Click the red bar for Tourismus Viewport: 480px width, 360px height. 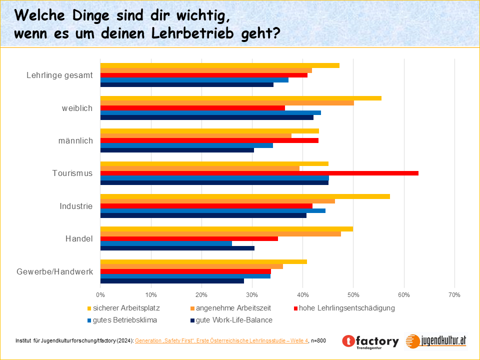[259, 173]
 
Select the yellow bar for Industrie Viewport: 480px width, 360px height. [245, 196]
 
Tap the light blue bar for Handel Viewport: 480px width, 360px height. [166, 243]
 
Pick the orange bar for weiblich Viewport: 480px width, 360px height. [227, 103]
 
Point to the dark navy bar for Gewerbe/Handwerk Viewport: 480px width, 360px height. [172, 281]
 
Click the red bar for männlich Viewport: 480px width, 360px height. [209, 140]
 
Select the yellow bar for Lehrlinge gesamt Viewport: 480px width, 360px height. [220, 65]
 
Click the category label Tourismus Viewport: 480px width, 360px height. [72, 173]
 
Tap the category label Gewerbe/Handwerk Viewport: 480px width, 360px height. [55, 271]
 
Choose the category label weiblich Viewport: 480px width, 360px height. [77, 108]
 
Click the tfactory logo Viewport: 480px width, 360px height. [370, 341]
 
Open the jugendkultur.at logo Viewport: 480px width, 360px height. [436, 341]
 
